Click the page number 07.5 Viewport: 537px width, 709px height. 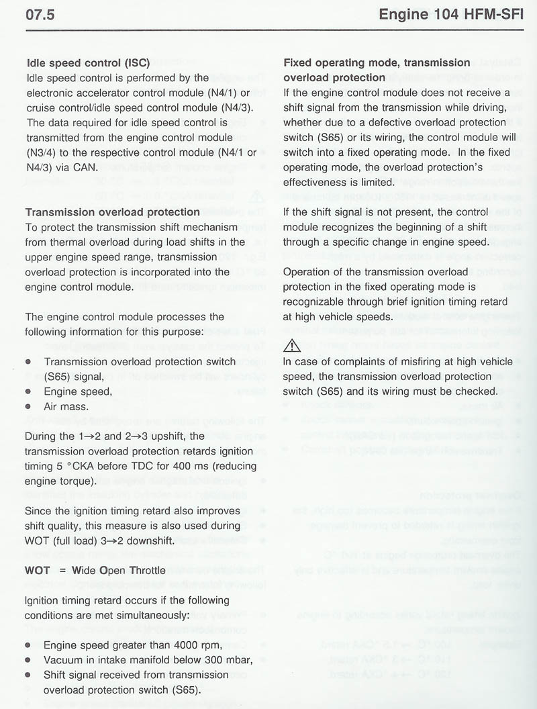(x=40, y=15)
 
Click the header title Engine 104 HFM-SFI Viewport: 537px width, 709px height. (x=450, y=15)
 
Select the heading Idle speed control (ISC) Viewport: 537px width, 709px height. (x=83, y=63)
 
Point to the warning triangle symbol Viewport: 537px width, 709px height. (x=292, y=346)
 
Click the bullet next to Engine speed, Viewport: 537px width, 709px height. (x=28, y=391)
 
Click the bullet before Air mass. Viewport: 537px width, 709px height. (x=28, y=406)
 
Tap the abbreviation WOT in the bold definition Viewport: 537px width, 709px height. (x=38, y=571)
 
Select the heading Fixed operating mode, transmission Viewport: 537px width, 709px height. (x=377, y=62)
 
